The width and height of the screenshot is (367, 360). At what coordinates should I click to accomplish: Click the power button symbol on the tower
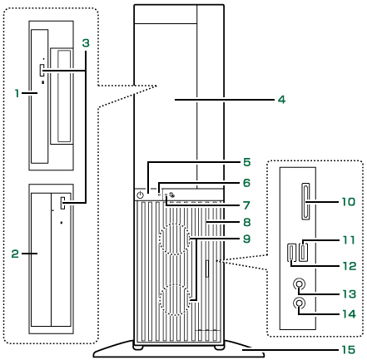tap(141, 195)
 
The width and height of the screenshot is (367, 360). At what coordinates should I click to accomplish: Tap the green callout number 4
tap(281, 100)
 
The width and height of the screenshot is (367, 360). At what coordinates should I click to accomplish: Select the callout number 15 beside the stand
tap(349, 350)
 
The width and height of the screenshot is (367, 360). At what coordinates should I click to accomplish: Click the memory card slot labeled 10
tap(305, 201)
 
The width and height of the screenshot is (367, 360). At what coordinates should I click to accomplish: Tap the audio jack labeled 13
tap(299, 284)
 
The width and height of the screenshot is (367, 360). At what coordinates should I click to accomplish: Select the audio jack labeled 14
tap(299, 303)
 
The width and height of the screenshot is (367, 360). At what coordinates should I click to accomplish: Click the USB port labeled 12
tap(291, 252)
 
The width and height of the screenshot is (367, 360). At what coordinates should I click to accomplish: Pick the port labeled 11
tap(303, 251)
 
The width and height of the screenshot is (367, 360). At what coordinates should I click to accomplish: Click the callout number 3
tap(86, 43)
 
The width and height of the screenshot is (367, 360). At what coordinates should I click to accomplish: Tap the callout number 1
tap(17, 93)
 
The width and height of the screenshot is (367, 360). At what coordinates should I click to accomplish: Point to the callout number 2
tap(15, 254)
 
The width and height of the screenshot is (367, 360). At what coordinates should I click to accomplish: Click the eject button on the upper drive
tap(42, 71)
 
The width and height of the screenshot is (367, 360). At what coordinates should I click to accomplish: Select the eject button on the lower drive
tap(63, 203)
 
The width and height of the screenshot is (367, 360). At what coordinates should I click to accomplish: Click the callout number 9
tap(246, 239)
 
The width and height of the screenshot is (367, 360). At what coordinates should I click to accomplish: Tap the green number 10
tap(349, 201)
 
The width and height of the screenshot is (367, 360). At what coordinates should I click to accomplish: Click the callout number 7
tap(246, 205)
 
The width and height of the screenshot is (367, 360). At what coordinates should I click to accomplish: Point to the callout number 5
tap(247, 162)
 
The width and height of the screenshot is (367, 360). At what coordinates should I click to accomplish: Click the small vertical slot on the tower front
tap(207, 269)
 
